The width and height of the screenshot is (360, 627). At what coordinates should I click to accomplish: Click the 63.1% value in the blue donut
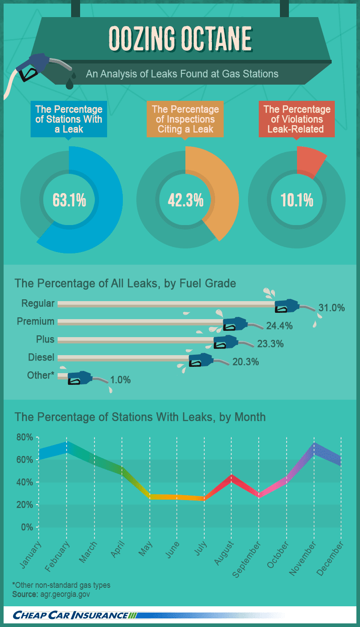69,200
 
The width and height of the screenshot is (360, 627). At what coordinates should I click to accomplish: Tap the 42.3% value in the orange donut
185,200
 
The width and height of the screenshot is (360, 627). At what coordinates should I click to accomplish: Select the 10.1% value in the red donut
297,200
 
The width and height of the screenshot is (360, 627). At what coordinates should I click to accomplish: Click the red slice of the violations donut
310,162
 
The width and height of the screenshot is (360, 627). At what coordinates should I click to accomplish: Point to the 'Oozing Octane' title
180,39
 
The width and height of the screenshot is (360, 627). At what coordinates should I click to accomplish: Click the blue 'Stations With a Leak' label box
69,119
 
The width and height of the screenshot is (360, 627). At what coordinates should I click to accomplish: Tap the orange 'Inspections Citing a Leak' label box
185,119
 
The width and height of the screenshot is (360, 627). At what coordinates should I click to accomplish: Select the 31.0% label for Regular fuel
332,307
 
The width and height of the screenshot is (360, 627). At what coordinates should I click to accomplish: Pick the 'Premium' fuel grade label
36,321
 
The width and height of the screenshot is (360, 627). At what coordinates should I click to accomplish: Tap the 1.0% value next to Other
120,380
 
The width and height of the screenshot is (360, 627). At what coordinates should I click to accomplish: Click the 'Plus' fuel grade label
45,339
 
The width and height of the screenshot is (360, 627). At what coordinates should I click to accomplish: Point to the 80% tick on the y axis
25,437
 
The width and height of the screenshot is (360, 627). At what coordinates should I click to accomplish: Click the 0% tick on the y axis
27,528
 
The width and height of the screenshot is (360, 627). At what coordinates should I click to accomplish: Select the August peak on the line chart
231,478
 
